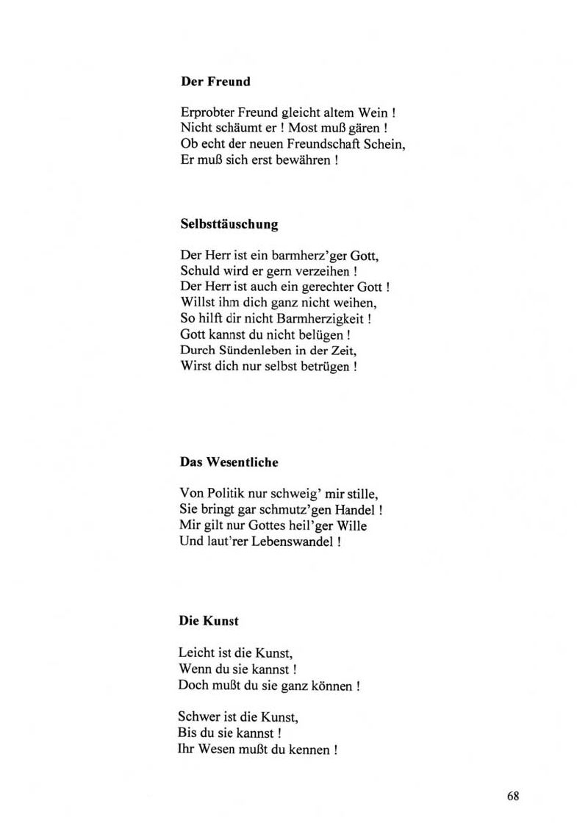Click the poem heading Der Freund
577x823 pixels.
(x=215, y=82)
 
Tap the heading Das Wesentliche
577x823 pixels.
(x=229, y=462)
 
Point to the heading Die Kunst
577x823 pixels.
(x=209, y=620)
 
